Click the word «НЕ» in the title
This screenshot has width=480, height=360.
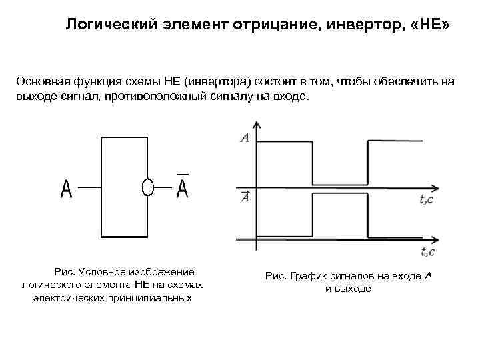[x=433, y=25]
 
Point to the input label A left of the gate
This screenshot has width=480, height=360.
[x=67, y=189]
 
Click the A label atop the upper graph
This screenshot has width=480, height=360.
[x=245, y=138]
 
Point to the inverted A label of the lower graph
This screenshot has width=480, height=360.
[x=245, y=197]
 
